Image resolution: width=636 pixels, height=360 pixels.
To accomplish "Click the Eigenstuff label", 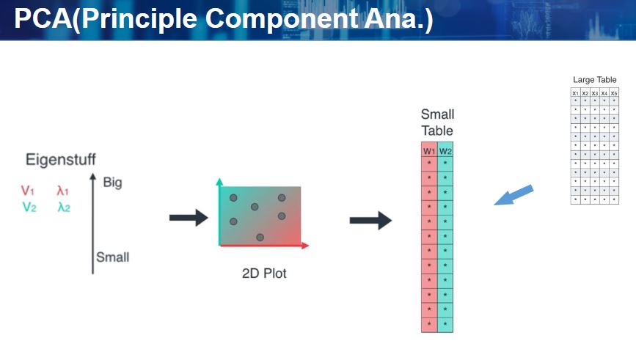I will point(60,159).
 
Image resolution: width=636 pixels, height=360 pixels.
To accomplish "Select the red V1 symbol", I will point(28,191).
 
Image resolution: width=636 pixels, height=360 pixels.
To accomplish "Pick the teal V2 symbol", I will point(29,207).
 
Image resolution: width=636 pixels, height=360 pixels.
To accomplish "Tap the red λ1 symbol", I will point(63,191).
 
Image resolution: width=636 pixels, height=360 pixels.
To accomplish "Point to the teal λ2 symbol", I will point(64,207).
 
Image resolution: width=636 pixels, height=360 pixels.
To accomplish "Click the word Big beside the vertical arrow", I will point(112,182).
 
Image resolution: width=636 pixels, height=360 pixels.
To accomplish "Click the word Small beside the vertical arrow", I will point(112,257).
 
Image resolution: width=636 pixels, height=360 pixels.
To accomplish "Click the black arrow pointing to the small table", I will point(370,221).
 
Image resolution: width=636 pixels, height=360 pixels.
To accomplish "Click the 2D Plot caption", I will point(264,273).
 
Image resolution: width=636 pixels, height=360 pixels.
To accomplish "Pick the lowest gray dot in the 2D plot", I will point(260,237).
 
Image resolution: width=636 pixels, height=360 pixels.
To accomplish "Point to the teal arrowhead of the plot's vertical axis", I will point(219,180).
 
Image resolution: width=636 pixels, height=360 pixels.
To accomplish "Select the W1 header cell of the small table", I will point(429,150).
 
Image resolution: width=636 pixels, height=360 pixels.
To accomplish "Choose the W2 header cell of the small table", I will point(445,150).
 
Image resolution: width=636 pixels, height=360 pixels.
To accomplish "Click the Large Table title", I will point(594,79).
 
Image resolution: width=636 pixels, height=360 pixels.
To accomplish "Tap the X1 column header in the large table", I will point(576,93).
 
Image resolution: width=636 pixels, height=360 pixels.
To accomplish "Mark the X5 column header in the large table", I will point(614,93).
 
